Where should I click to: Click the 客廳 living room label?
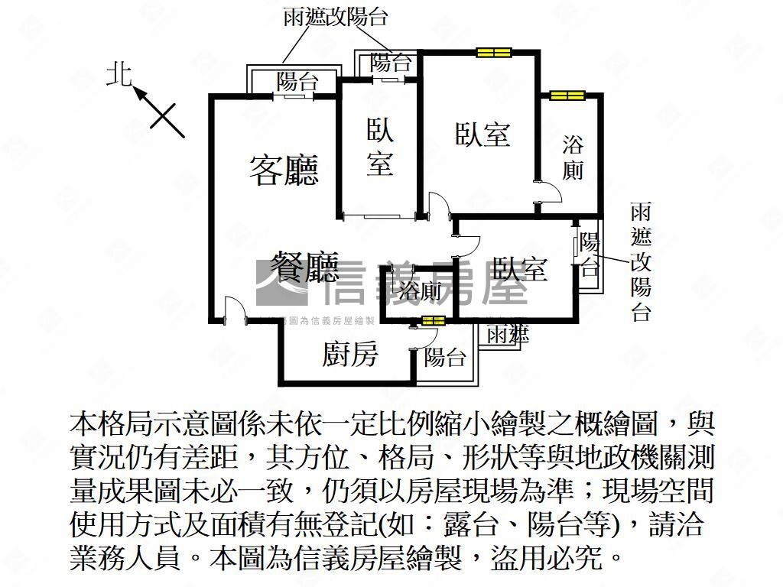click(284, 170)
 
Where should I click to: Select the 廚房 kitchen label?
click(349, 354)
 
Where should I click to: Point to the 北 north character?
click(119, 75)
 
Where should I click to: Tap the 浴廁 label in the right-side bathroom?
click(573, 157)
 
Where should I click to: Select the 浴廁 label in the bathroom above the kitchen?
click(420, 290)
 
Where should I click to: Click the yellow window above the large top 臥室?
click(493, 53)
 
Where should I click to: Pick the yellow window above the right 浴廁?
click(567, 96)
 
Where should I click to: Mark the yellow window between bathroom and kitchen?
click(432, 320)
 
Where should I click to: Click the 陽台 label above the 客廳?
click(297, 82)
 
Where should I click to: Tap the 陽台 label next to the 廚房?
click(445, 356)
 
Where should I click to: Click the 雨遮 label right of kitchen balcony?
click(507, 333)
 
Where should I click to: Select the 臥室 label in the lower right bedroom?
click(519, 269)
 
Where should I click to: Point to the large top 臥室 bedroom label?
click(482, 135)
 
